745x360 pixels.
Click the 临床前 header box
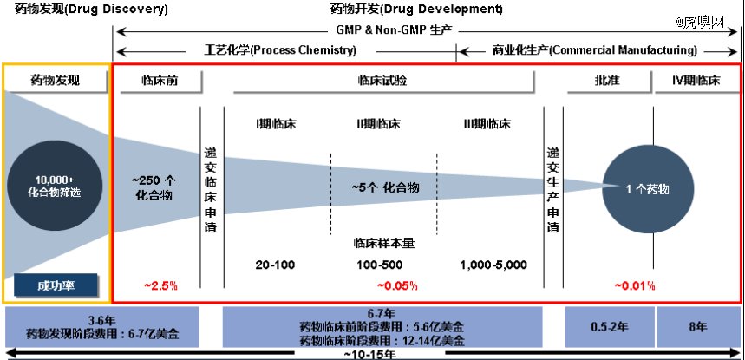pyautogui.click(x=160, y=81)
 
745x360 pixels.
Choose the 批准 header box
pyautogui.click(x=608, y=81)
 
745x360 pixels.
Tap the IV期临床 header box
pyautogui.click(x=696, y=81)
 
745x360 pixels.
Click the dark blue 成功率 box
pyautogui.click(x=56, y=285)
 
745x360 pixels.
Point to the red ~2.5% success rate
pyautogui.click(x=160, y=285)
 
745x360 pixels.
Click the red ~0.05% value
pyautogui.click(x=397, y=285)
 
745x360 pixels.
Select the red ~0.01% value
pyautogui.click(x=635, y=285)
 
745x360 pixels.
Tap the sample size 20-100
pyautogui.click(x=276, y=265)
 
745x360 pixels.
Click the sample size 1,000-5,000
pyautogui.click(x=493, y=265)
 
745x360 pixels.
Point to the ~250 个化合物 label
pyautogui.click(x=154, y=188)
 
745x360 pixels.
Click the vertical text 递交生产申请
pyautogui.click(x=553, y=189)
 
